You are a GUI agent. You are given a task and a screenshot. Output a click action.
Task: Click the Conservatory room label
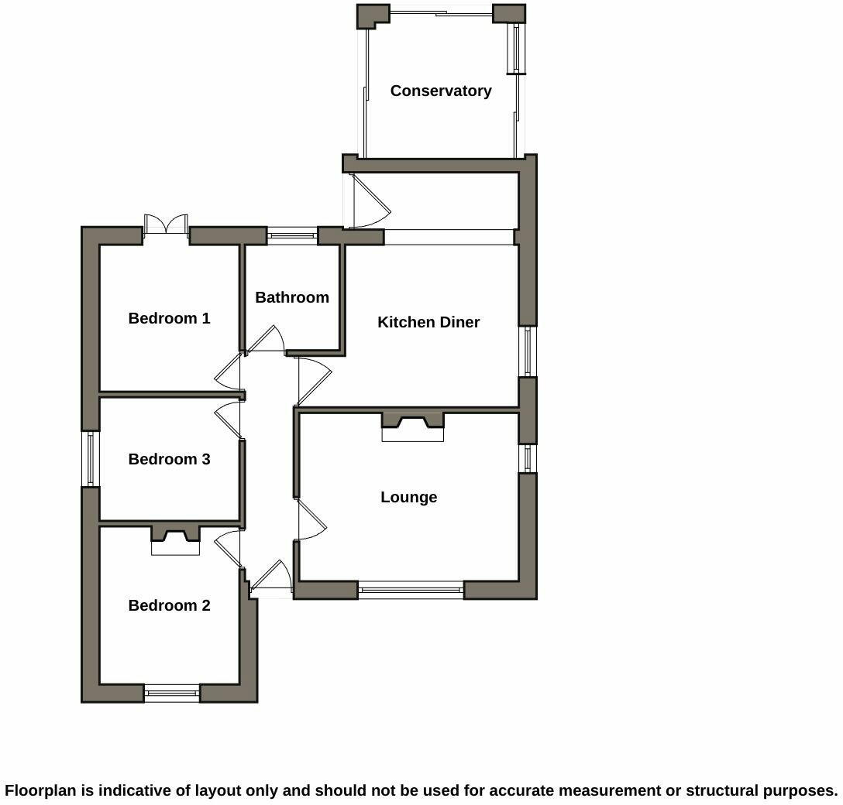[440, 91]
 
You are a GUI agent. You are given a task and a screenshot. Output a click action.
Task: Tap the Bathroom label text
[292, 297]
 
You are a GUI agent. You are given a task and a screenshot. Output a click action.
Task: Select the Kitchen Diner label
[428, 322]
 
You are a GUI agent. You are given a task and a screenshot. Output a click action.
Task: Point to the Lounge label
[408, 497]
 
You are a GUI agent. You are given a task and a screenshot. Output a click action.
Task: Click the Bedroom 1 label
[169, 318]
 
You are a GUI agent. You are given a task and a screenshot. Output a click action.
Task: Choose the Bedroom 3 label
[169, 459]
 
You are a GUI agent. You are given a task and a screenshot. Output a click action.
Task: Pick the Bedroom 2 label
[169, 605]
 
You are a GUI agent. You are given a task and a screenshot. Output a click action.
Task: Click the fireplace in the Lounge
[412, 426]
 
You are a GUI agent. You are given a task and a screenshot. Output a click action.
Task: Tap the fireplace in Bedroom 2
[175, 540]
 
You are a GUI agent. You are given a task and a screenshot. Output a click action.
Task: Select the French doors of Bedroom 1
[167, 224]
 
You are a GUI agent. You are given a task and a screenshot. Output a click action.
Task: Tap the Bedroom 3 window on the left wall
[91, 458]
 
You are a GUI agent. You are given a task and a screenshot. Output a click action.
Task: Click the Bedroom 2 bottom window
[171, 694]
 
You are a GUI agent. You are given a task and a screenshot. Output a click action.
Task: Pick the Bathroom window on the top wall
[292, 235]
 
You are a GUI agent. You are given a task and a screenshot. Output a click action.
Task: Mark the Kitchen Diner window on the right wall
[528, 351]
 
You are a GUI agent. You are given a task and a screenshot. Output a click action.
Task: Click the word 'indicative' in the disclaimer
[134, 790]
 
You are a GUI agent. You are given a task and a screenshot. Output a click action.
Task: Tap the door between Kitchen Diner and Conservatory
[370, 203]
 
